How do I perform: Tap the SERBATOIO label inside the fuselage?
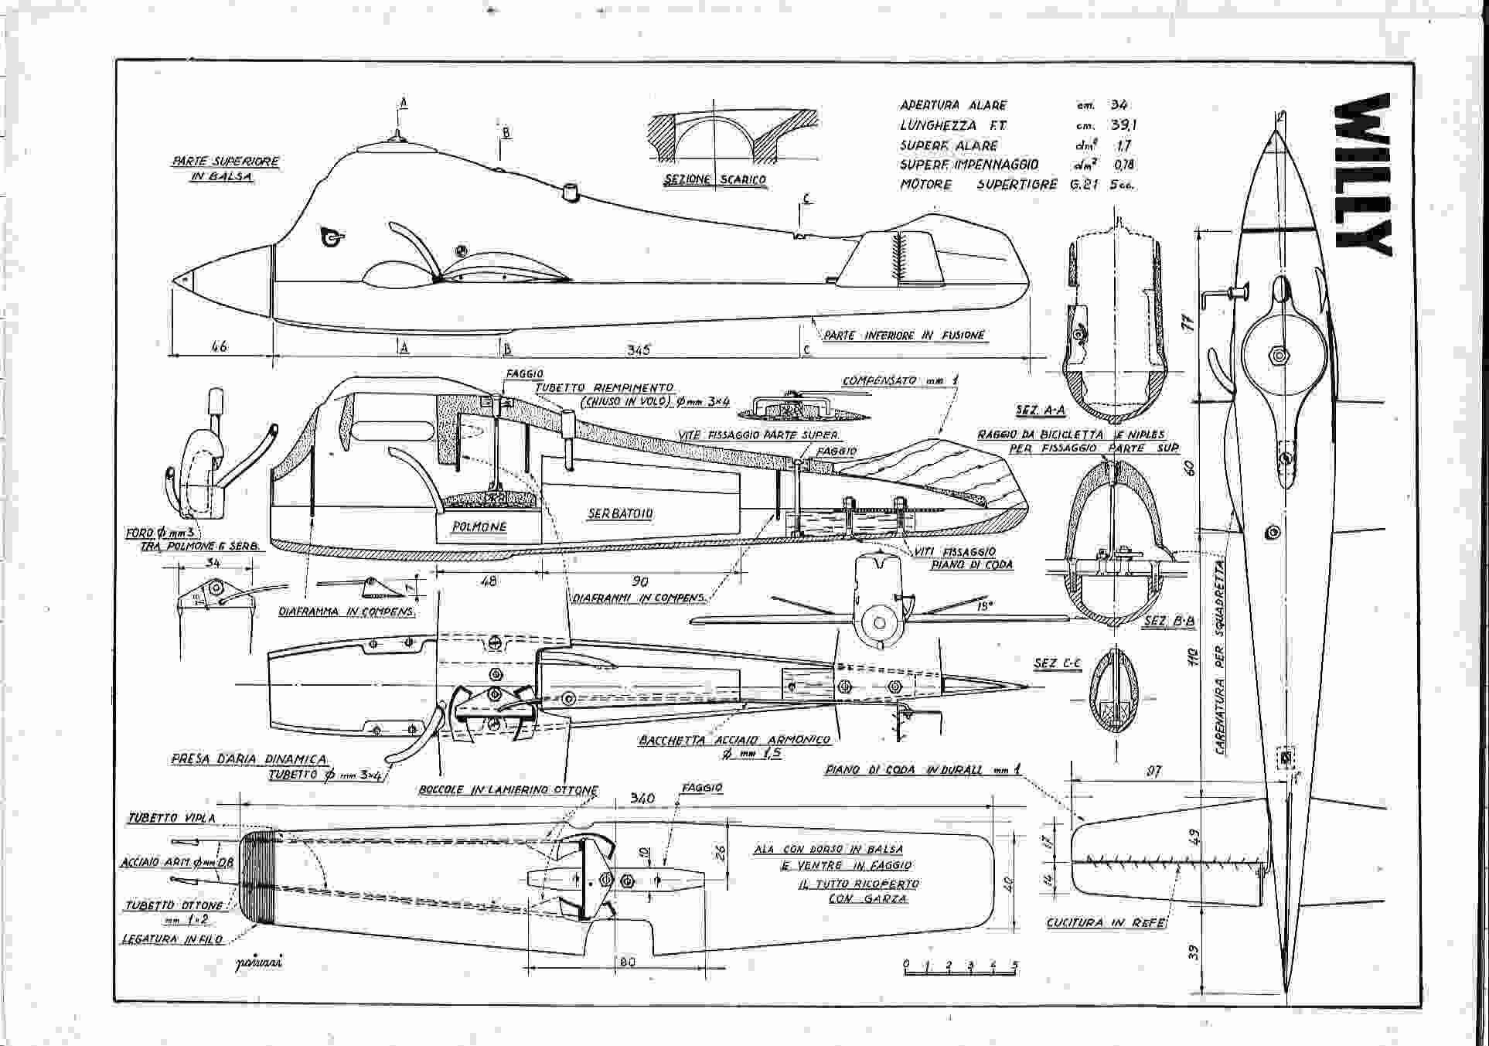coord(620,514)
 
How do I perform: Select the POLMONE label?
coord(479,526)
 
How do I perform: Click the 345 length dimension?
coord(638,349)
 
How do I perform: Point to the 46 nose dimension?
coord(219,346)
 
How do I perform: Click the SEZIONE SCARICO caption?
coord(715,180)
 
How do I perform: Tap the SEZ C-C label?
coord(1057,663)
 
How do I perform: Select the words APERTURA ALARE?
coord(952,105)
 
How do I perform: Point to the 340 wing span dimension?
coord(642,798)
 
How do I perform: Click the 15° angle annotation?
coord(984,607)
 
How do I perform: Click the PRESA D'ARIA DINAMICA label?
coord(250,759)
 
